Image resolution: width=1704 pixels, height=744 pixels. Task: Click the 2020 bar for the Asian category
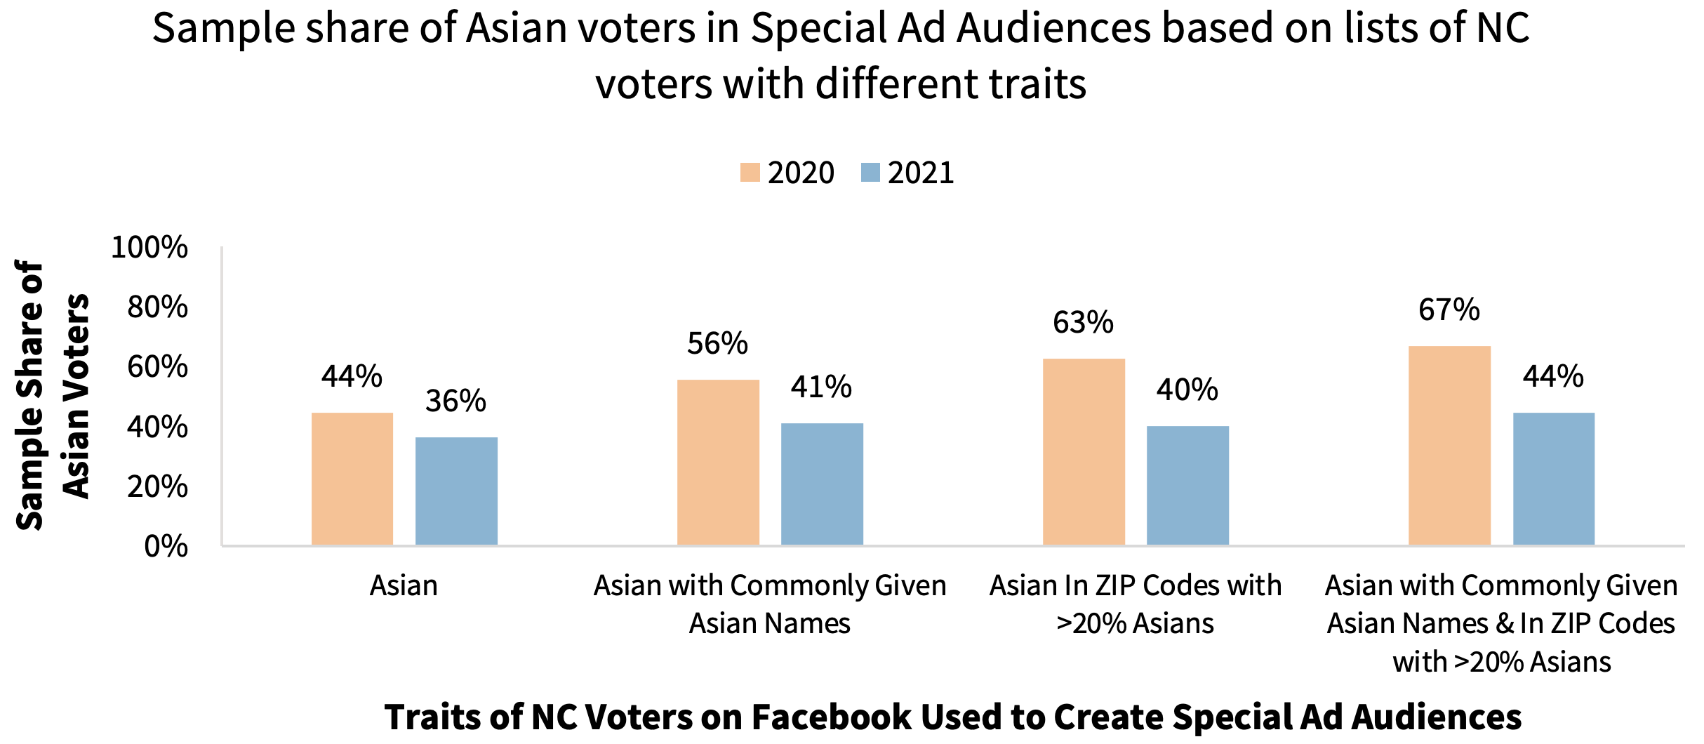click(352, 479)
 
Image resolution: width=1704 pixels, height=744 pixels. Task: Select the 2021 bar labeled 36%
click(456, 491)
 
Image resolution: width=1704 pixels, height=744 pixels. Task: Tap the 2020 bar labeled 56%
click(718, 462)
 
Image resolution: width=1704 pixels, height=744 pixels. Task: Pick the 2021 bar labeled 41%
click(822, 484)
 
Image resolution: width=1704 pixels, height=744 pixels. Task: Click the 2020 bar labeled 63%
click(1084, 451)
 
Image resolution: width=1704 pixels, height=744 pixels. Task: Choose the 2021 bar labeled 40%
click(1187, 485)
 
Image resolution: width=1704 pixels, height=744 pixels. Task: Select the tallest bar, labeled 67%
click(1449, 445)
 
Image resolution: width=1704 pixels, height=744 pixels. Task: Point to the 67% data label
click(1449, 310)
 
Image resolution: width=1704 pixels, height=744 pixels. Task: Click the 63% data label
click(1083, 322)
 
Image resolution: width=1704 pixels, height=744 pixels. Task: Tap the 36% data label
click(455, 401)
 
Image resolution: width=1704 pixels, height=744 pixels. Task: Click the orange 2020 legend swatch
click(750, 173)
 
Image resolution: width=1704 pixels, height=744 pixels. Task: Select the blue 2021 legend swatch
click(870, 173)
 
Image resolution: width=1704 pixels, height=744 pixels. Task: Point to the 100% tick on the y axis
click(149, 247)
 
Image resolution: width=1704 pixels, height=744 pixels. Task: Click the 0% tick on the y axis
click(166, 546)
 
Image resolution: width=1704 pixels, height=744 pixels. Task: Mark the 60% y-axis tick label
click(157, 366)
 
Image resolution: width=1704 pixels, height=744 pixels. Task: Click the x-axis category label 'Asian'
click(404, 585)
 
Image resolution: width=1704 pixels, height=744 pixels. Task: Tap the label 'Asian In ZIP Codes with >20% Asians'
click(1135, 604)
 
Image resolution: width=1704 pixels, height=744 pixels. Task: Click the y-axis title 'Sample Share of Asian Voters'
click(53, 396)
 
